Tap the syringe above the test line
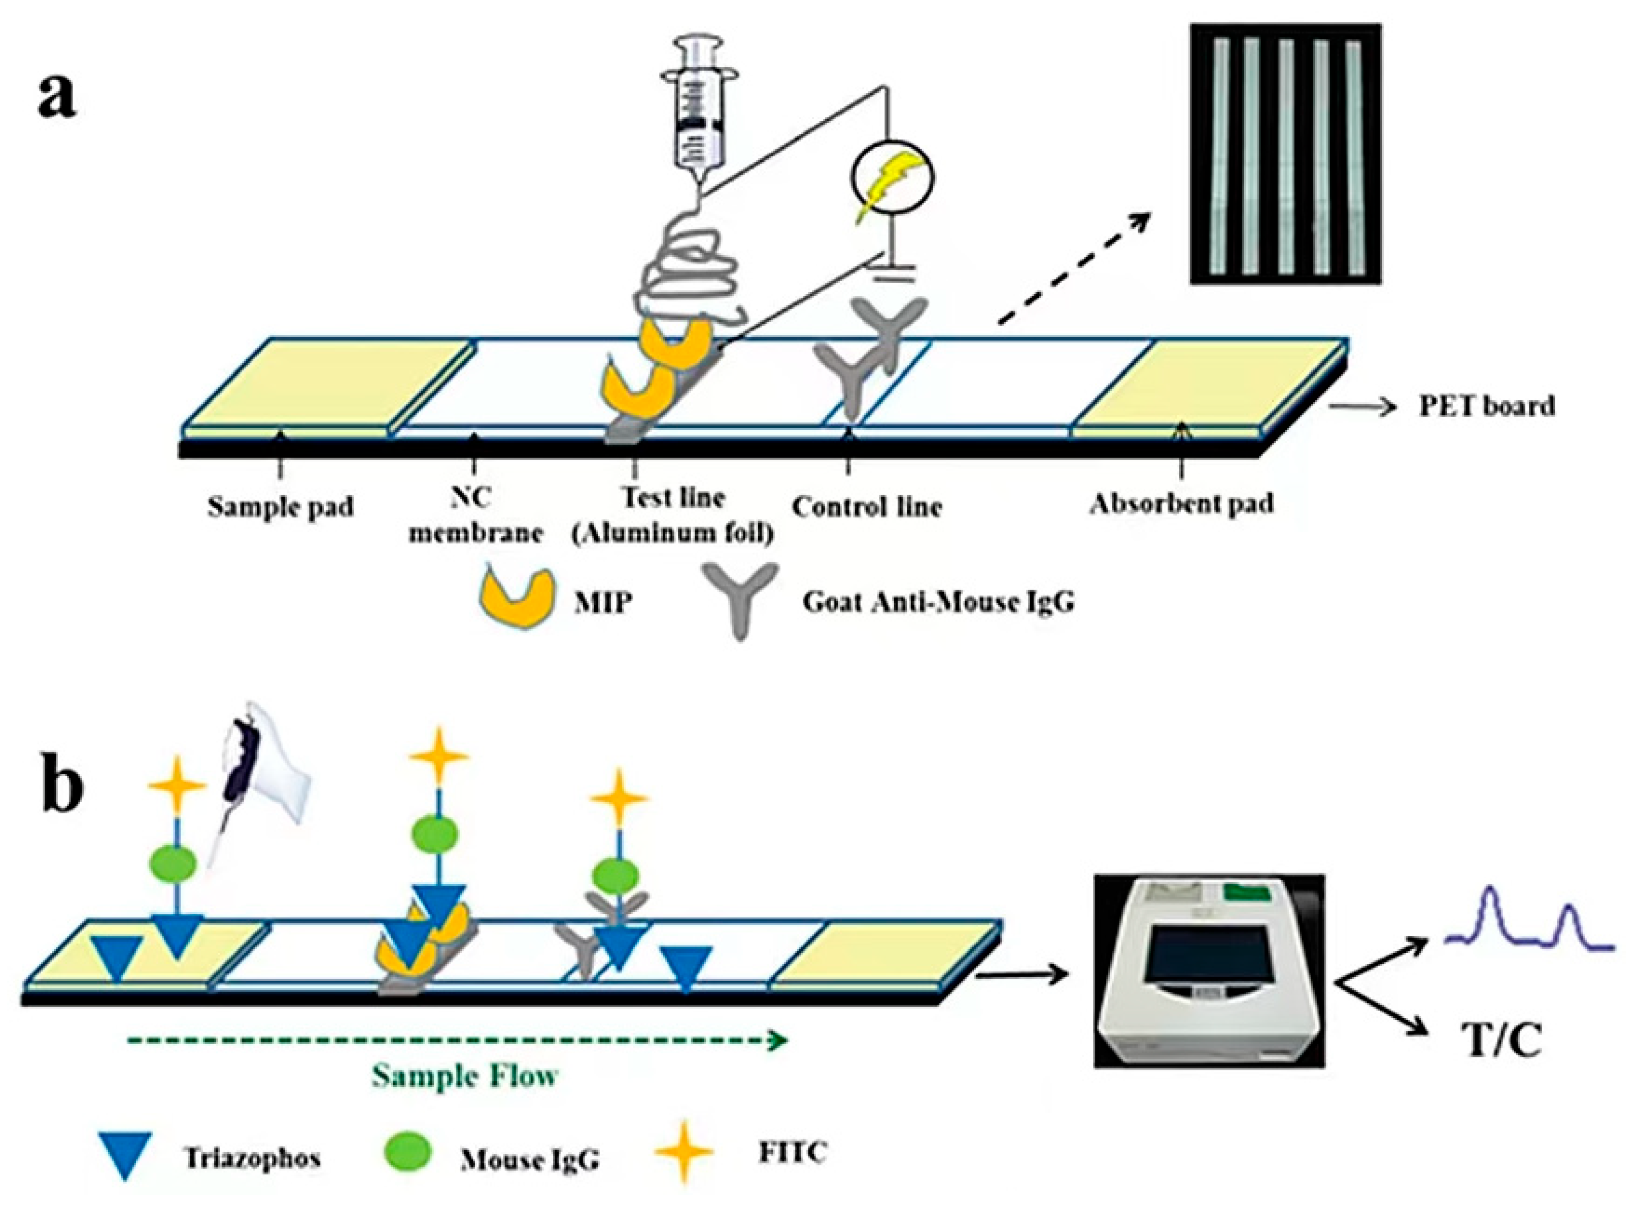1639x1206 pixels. [697, 110]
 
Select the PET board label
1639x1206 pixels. [1486, 406]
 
